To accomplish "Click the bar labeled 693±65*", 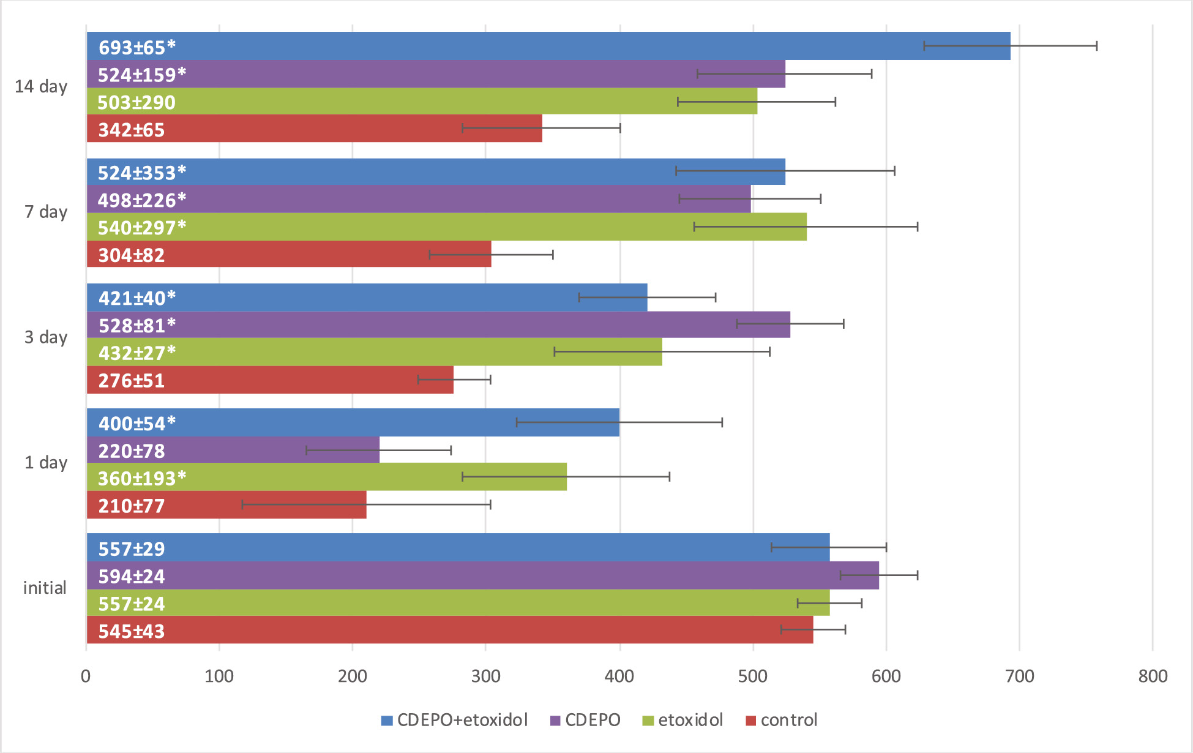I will point(548,46).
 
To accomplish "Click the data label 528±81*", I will point(137,325).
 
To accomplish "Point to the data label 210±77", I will point(132,506).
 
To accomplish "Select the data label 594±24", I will point(132,576).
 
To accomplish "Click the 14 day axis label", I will point(41,86).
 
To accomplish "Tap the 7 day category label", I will point(46,212).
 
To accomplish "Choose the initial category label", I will point(45,588).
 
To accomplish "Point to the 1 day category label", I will point(46,462).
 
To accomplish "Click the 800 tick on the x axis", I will point(1153,676).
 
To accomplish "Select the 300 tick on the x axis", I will point(486,676).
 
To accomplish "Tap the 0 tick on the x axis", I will point(86,676).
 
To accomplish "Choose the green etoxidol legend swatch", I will point(648,721).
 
